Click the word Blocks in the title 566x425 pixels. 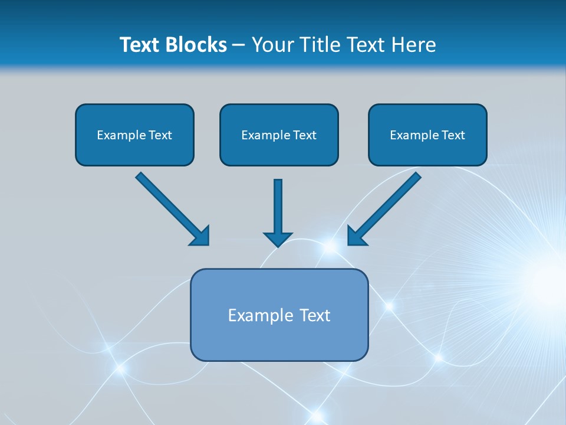coord(195,45)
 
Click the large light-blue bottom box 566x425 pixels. coord(279,339)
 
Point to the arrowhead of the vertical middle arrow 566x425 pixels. coord(278,238)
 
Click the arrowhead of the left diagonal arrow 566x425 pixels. coord(200,236)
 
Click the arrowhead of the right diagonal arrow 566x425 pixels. coord(357,236)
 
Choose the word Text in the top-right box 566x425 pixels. coord(453,135)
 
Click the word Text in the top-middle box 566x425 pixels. coord(304,135)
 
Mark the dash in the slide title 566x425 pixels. coord(239,45)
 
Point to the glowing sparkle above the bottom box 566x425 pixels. coord(330,246)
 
